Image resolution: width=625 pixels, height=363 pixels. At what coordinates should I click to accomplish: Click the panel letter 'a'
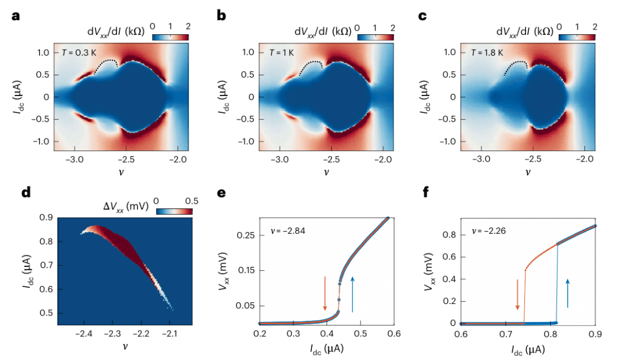16,16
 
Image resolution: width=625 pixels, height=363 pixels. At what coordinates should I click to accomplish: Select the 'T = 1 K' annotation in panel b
282,53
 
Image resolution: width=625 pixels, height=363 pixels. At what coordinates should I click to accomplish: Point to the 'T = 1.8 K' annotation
487,53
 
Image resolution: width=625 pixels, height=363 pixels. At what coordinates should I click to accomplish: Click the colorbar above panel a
170,37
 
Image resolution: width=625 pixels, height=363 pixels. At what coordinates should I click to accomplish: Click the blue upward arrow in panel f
568,293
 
